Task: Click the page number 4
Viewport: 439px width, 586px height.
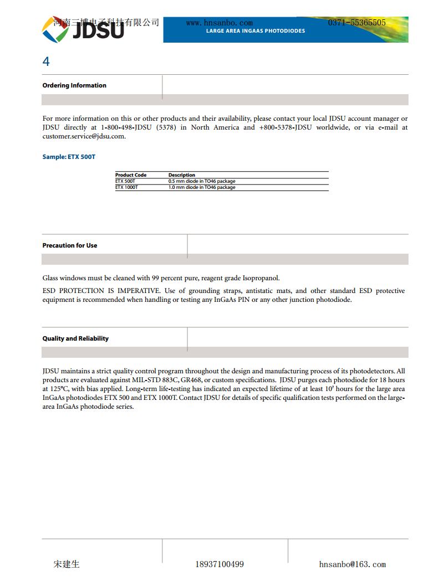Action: click(46, 61)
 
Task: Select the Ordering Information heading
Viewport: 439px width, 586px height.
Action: click(74, 85)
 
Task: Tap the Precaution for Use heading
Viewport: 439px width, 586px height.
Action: click(70, 245)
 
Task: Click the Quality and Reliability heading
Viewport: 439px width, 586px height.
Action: click(75, 338)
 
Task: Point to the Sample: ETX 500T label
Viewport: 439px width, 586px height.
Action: click(69, 157)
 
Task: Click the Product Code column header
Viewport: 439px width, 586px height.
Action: click(131, 175)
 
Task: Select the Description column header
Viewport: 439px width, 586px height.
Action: click(182, 175)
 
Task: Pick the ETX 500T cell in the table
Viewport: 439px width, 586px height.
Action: click(125, 181)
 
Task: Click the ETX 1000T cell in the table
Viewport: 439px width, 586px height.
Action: click(126, 187)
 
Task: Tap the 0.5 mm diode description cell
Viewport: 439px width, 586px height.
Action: click(202, 181)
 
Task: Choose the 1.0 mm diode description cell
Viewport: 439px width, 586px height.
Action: click(202, 187)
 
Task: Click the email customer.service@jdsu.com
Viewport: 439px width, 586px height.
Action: click(84, 136)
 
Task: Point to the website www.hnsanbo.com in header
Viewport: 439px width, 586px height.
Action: click(219, 23)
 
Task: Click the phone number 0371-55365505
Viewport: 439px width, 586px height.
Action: click(356, 23)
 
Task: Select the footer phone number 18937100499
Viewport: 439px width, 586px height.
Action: click(219, 564)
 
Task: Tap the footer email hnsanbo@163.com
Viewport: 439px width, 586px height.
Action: click(353, 564)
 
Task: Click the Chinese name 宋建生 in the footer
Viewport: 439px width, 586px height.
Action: click(67, 564)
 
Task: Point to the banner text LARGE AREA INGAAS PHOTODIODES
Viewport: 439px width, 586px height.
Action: click(256, 31)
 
